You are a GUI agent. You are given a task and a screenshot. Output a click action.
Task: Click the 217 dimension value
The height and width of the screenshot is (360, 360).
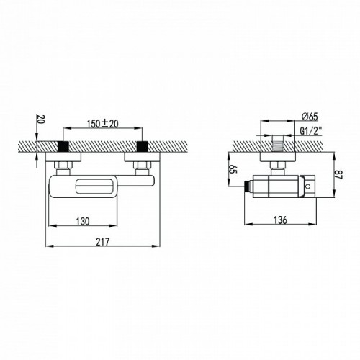[103, 242]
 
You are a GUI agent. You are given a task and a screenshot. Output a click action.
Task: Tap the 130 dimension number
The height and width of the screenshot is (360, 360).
[83, 221]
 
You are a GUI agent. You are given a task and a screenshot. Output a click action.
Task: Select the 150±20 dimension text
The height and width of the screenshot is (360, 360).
[103, 124]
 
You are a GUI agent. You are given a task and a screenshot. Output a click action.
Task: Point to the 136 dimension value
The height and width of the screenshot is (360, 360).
[280, 220]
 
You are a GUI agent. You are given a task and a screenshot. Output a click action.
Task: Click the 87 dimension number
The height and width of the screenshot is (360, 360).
[338, 174]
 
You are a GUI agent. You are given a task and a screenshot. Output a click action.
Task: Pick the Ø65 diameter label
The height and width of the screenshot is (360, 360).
[310, 117]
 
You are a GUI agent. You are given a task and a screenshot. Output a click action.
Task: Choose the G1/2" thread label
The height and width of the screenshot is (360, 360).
[311, 131]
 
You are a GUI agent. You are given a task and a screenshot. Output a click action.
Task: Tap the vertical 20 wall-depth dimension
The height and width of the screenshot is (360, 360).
[40, 120]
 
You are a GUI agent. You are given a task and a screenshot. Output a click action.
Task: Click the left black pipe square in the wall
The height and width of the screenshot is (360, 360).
[63, 147]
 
